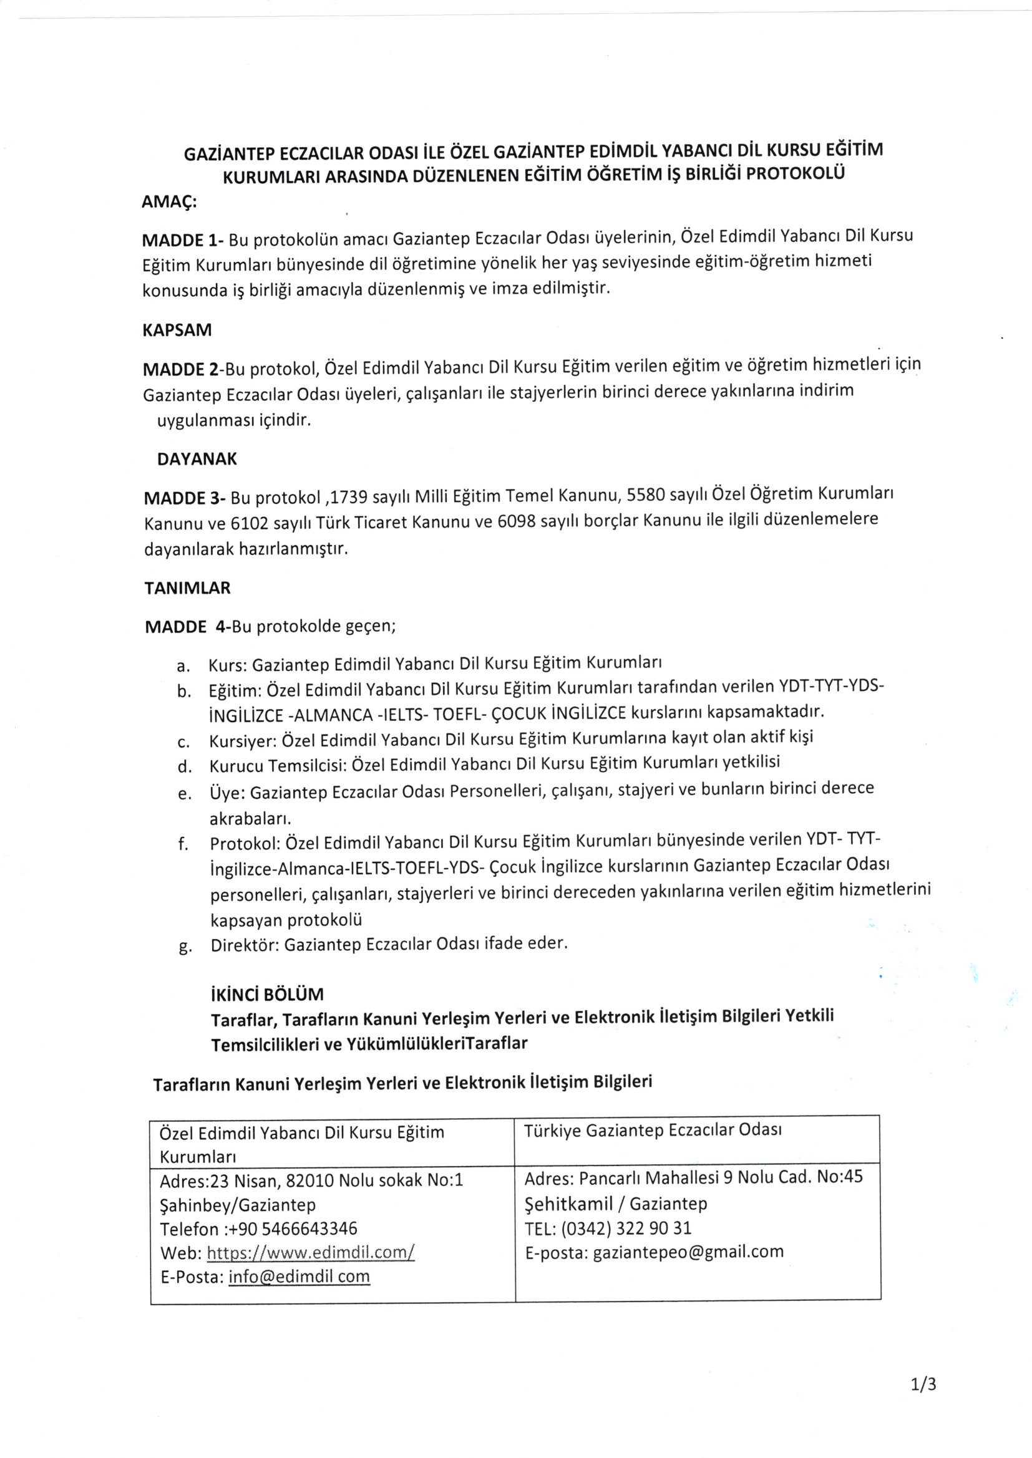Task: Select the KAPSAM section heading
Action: click(177, 331)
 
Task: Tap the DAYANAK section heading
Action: click(197, 459)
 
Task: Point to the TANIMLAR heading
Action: click(187, 588)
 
